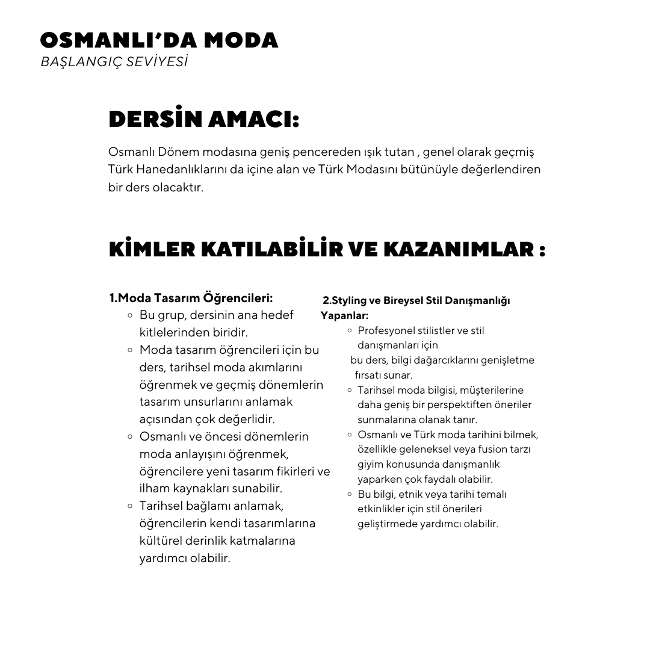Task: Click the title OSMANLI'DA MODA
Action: click(159, 40)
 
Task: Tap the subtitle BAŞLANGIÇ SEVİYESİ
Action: click(114, 62)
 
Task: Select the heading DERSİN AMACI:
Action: click(203, 119)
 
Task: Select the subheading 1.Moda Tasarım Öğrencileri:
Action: click(191, 298)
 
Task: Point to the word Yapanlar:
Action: click(344, 315)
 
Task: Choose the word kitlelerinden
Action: click(175, 332)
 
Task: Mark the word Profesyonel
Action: click(386, 330)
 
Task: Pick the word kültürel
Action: click(159, 540)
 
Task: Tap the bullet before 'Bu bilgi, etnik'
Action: click(350, 494)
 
